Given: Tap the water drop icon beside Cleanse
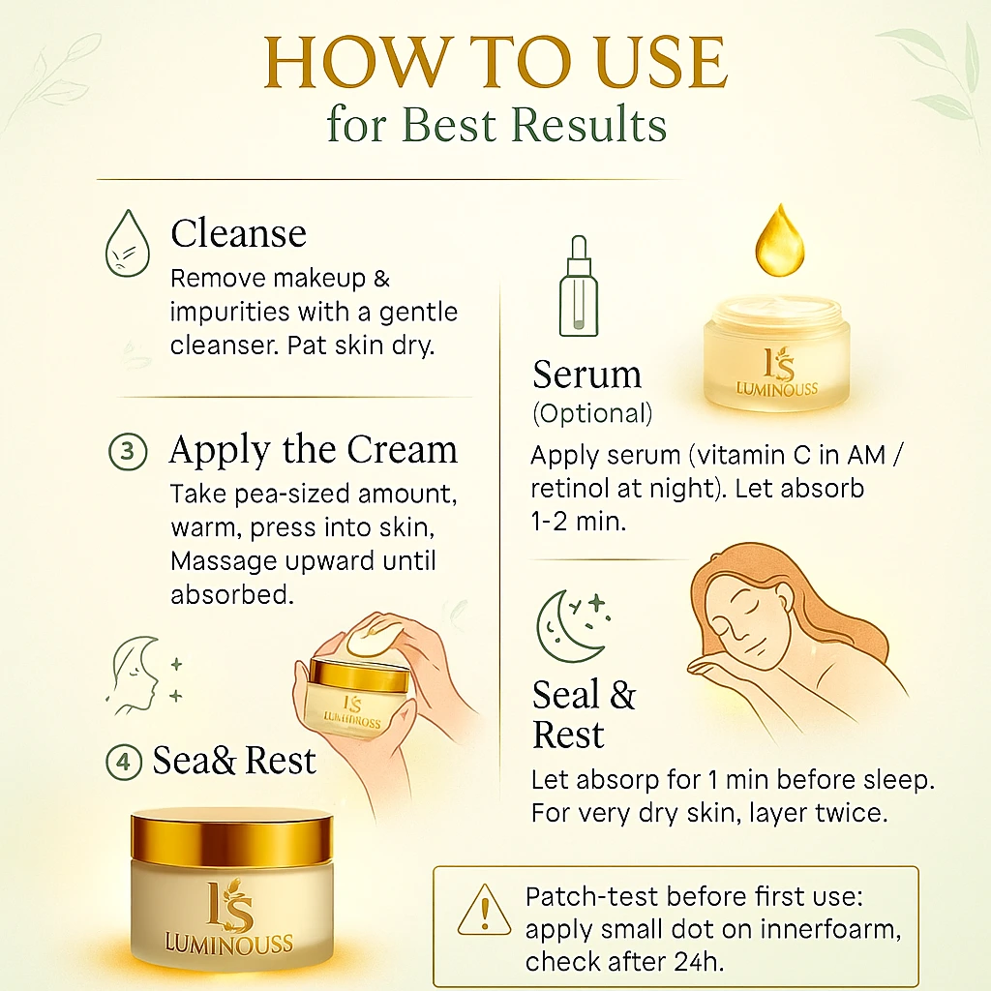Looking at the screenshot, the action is [x=128, y=243].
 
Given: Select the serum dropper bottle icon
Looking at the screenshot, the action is [x=579, y=285].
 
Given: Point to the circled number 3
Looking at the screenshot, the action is [x=128, y=451].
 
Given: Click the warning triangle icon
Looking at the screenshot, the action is [x=484, y=910].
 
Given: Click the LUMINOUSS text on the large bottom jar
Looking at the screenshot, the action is [x=228, y=943].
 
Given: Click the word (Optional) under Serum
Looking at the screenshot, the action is [x=592, y=413].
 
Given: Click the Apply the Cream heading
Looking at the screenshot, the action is [x=314, y=450].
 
